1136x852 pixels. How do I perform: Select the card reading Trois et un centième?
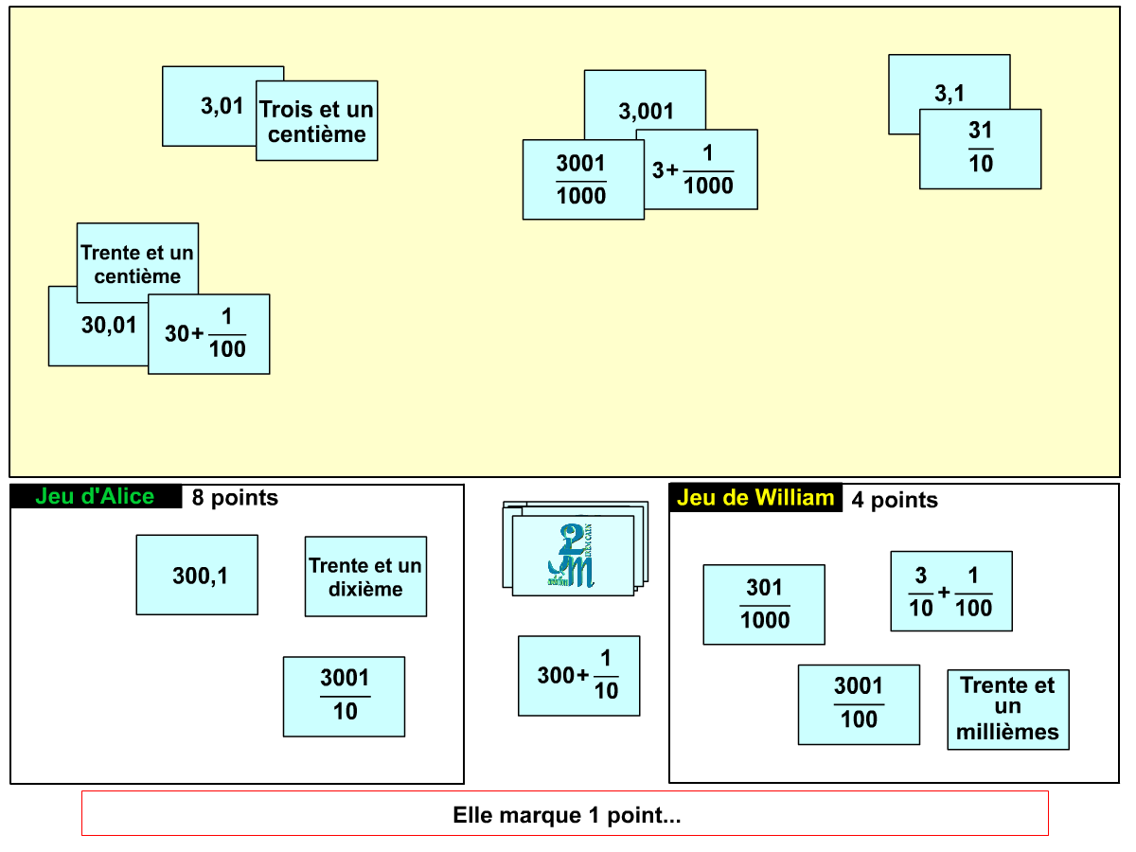coord(317,121)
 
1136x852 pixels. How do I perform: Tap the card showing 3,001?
coord(645,103)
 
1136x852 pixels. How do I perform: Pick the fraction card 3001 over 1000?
coord(583,180)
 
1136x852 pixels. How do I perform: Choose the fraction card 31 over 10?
coord(980,149)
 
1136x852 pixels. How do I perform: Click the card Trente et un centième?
coord(137,263)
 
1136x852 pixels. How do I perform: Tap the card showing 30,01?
coord(99,327)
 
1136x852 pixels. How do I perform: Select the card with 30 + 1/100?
coord(208,334)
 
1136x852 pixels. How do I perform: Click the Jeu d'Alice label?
coord(96,497)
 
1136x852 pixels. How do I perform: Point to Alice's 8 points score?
coord(235,498)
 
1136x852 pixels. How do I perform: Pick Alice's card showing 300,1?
coord(197,576)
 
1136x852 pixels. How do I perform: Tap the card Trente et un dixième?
coord(366,577)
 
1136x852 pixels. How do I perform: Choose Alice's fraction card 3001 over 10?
coord(345,697)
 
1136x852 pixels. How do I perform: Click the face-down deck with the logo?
coord(575,549)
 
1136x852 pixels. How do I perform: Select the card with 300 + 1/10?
coord(579,676)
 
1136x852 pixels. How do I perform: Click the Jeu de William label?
coord(755,498)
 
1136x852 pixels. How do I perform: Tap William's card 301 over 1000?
coord(764,605)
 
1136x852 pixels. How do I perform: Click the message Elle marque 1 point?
coord(565,814)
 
